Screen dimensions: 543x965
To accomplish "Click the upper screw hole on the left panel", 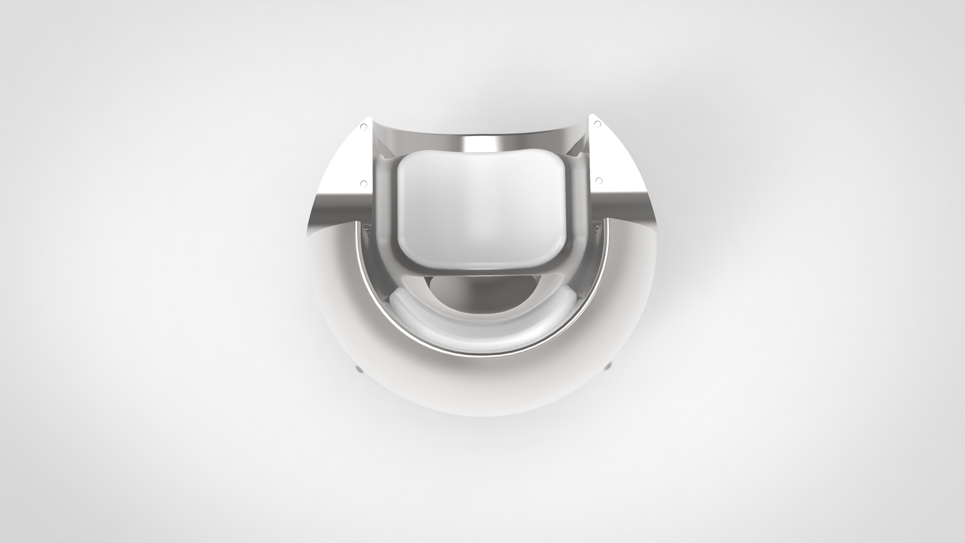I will pyautogui.click(x=363, y=127).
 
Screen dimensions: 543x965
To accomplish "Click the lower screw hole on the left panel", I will pyautogui.click(x=363, y=183).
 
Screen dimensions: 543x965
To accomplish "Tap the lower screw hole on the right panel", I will pyautogui.click(x=598, y=181).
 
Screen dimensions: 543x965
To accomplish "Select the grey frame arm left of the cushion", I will pyautogui.click(x=384, y=225).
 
